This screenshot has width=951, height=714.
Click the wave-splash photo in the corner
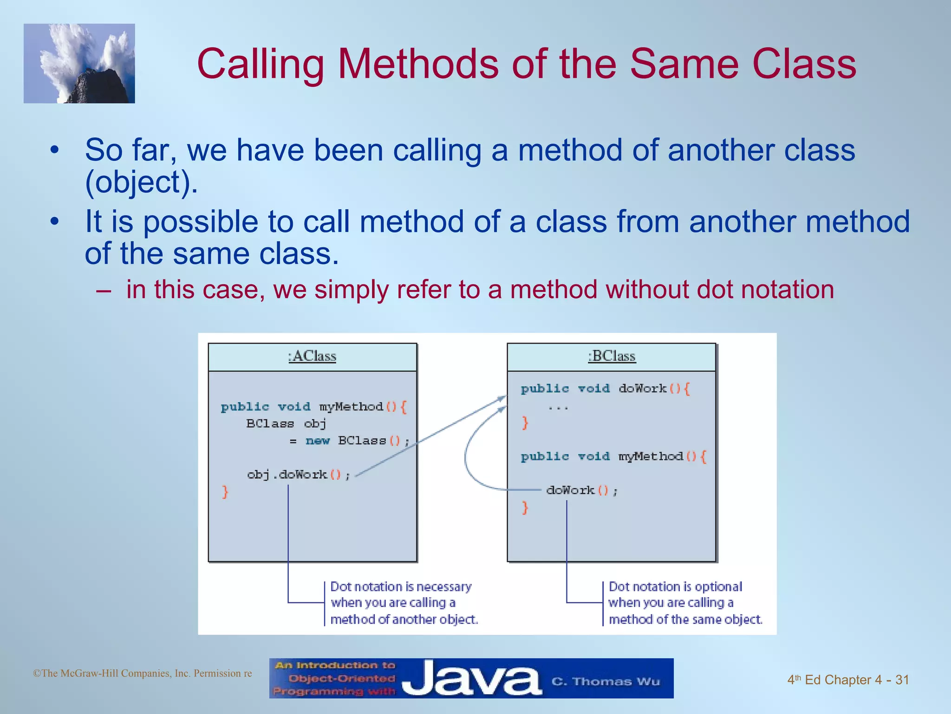pyautogui.click(x=79, y=63)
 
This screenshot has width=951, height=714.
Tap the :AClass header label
pyautogui.click(x=312, y=357)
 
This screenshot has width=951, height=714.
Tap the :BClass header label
pyautogui.click(x=612, y=357)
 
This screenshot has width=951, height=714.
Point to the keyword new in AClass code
pyautogui.click(x=318, y=441)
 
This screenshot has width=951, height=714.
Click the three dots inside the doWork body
pyautogui.click(x=558, y=408)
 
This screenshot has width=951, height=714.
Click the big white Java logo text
pyautogui.click(x=471, y=679)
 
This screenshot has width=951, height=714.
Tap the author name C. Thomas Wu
pyautogui.click(x=606, y=681)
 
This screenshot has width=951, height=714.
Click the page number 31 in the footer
pyautogui.click(x=902, y=680)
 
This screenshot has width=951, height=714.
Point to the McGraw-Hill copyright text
pyautogui.click(x=142, y=673)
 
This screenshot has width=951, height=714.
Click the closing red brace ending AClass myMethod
pyautogui.click(x=225, y=492)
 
